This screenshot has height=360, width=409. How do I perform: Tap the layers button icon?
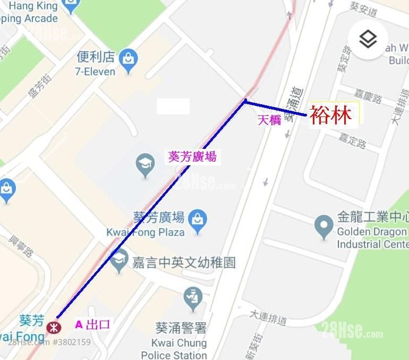[368, 39]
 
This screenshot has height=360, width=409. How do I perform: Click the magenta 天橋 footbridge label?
[269, 120]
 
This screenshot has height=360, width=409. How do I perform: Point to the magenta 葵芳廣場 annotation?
[192, 157]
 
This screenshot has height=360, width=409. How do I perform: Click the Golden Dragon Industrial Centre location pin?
[323, 227]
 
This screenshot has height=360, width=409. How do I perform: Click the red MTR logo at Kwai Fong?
[53, 326]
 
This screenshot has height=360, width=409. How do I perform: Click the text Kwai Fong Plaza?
[145, 232]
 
